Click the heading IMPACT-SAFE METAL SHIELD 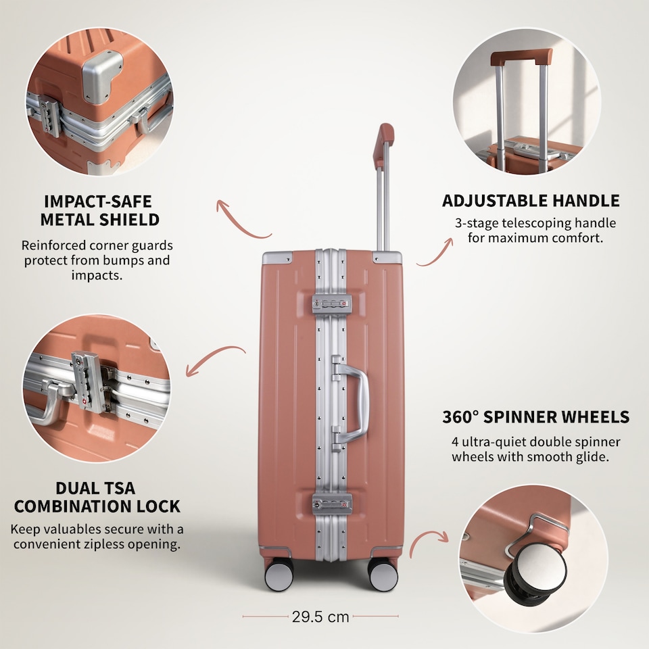tap(100, 210)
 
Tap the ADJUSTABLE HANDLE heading tap(531, 201)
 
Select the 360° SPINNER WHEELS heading tap(535, 417)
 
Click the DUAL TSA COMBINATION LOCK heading tap(97, 497)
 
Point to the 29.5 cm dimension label tap(320, 617)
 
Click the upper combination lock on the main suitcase tap(332, 304)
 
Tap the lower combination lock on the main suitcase tap(332, 504)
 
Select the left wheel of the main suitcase tap(279, 574)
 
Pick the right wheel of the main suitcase tap(383, 574)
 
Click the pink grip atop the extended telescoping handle tap(382, 145)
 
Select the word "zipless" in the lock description tap(103, 544)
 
